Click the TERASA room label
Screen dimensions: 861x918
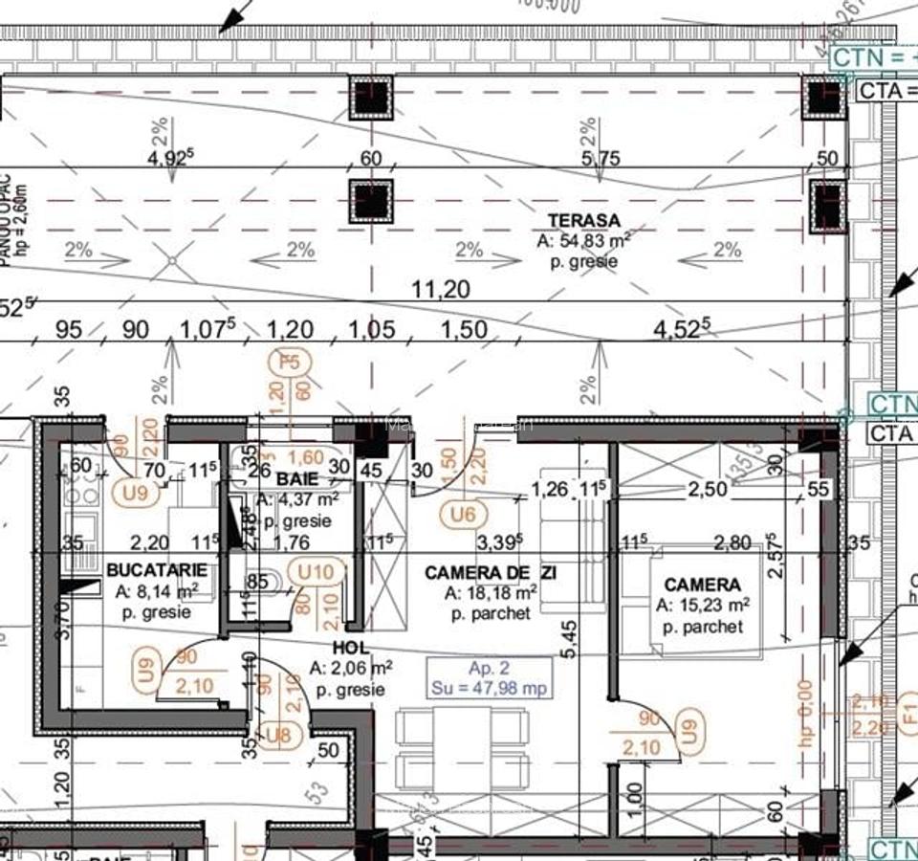pyautogui.click(x=583, y=220)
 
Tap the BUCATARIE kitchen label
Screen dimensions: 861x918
pyautogui.click(x=157, y=570)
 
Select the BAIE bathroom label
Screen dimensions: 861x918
pyautogui.click(x=296, y=477)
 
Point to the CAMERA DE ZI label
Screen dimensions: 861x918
pyautogui.click(x=490, y=572)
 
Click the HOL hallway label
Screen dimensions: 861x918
pyautogui.click(x=351, y=649)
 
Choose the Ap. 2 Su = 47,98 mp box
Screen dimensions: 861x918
pyautogui.click(x=490, y=677)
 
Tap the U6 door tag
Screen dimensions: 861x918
pyautogui.click(x=463, y=515)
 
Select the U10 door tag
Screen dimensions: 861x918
pyautogui.click(x=316, y=572)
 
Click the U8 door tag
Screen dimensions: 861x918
pyautogui.click(x=278, y=735)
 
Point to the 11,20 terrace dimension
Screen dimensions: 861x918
pyautogui.click(x=440, y=288)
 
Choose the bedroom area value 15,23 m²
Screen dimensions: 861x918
pyautogui.click(x=701, y=605)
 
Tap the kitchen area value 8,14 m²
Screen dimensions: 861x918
pyautogui.click(x=157, y=591)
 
